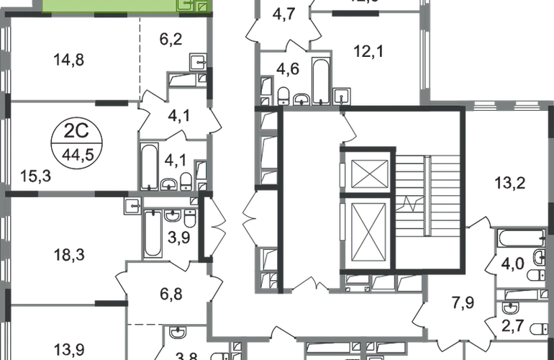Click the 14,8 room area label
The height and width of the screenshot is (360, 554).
pos(69,62)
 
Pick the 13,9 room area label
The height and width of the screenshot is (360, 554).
pos(69,351)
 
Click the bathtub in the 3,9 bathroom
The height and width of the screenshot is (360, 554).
pos(155,235)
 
